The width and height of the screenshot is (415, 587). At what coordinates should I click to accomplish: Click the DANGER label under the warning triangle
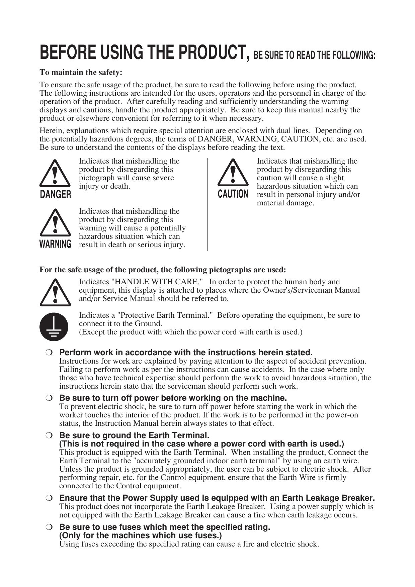click(x=56, y=194)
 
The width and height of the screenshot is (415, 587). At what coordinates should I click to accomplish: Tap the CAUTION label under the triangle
click(x=233, y=194)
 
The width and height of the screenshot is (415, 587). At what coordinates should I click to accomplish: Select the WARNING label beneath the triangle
click(x=56, y=244)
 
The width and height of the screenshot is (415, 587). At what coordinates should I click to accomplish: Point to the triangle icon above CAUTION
click(x=233, y=174)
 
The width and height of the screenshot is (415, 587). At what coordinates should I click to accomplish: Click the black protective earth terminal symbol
click(x=54, y=327)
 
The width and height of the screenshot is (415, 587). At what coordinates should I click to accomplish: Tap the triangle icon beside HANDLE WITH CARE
click(x=55, y=293)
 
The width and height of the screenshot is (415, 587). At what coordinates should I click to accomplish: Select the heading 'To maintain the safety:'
click(x=81, y=72)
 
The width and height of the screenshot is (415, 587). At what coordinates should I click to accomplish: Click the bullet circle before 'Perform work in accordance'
click(x=49, y=353)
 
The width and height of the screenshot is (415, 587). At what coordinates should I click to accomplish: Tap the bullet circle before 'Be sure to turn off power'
click(x=49, y=398)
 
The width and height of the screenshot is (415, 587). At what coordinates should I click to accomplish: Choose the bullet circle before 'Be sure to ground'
click(x=49, y=435)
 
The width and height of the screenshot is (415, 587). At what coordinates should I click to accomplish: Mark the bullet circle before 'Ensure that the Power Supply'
click(x=49, y=498)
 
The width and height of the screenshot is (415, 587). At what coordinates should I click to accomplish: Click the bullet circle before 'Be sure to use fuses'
click(x=49, y=527)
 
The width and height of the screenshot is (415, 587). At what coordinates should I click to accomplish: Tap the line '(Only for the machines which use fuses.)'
click(x=141, y=535)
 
